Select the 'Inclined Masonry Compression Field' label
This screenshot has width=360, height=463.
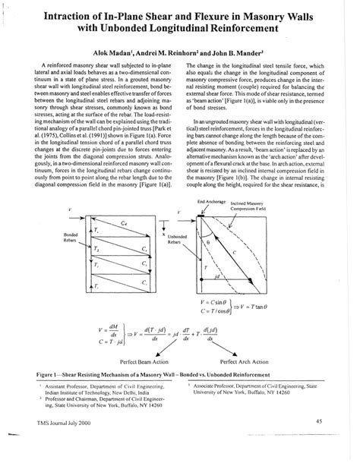point(256,205)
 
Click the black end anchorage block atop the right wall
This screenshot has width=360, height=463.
point(204,216)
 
